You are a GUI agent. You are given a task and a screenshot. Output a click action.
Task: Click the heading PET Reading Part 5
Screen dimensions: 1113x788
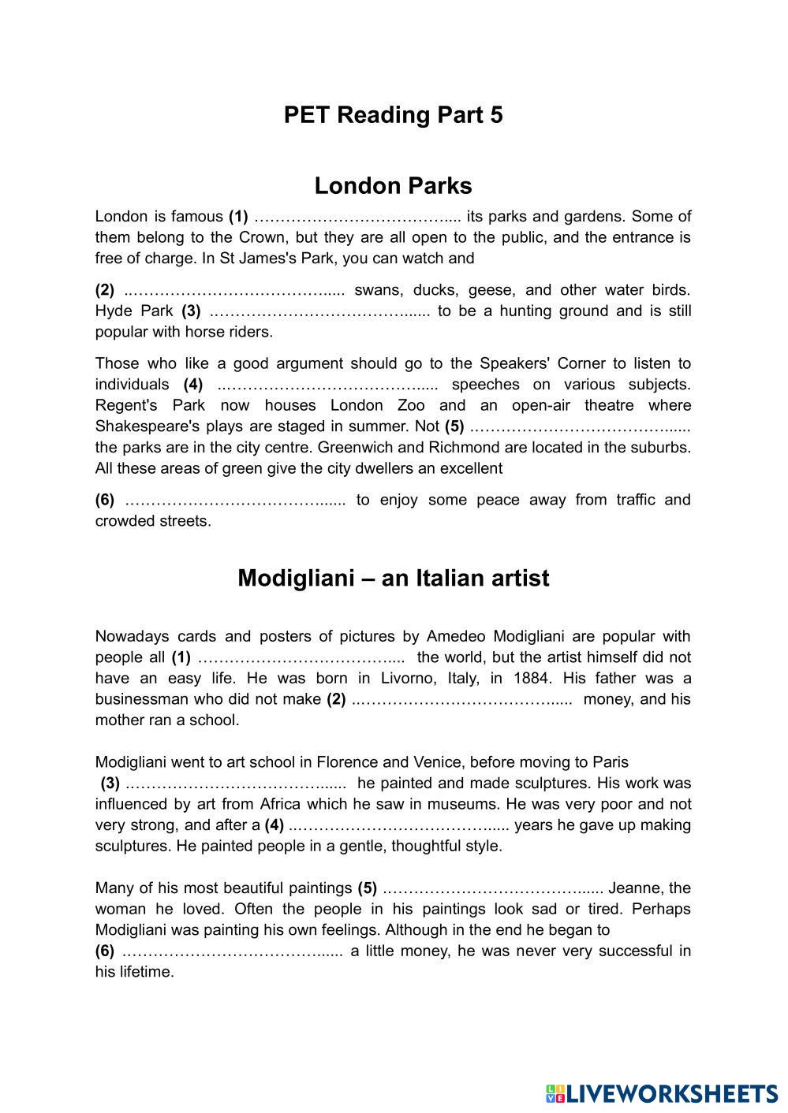[393, 115]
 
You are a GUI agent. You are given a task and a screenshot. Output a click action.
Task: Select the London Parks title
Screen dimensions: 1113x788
[393, 185]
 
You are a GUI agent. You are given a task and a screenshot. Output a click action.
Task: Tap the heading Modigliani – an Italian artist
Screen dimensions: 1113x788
[393, 578]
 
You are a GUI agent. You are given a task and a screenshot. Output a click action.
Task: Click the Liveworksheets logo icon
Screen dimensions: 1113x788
[555, 1093]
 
